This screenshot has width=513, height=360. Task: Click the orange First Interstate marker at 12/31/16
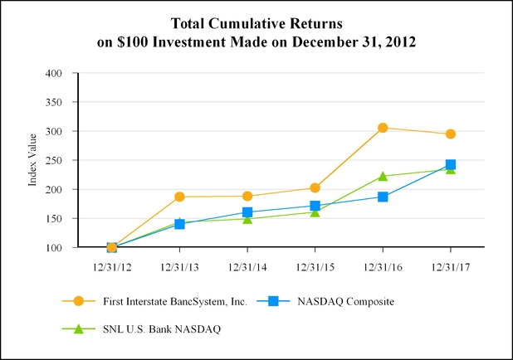pyautogui.click(x=383, y=128)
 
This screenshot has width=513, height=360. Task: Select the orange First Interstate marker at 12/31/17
pyautogui.click(x=451, y=134)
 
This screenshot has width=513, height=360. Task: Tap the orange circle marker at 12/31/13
pyautogui.click(x=179, y=197)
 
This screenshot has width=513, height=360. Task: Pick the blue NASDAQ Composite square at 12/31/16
pyautogui.click(x=383, y=197)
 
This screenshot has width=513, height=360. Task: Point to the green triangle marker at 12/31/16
pyautogui.click(x=383, y=176)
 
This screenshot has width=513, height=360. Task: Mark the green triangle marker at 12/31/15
pyautogui.click(x=315, y=212)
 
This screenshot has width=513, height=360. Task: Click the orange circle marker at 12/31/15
pyautogui.click(x=315, y=188)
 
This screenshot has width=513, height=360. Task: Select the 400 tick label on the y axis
pyautogui.click(x=54, y=73)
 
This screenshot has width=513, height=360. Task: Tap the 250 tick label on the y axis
pyautogui.click(x=54, y=160)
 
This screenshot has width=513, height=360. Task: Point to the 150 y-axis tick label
pyautogui.click(x=54, y=218)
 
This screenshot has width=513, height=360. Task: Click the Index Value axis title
pyautogui.click(x=34, y=160)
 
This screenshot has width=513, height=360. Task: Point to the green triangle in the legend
pyautogui.click(x=79, y=328)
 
